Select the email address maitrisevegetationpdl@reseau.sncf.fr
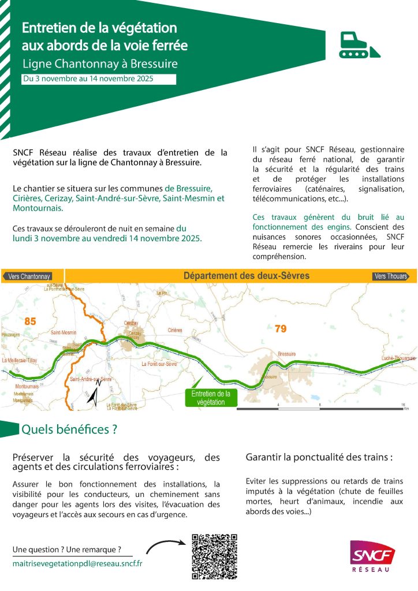click(77, 562)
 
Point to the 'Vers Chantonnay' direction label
click(28, 276)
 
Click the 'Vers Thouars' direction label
click(391, 276)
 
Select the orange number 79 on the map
click(281, 328)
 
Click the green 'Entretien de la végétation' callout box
click(211, 398)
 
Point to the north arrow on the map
click(94, 393)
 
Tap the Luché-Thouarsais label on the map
click(398, 358)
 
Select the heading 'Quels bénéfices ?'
click(69, 429)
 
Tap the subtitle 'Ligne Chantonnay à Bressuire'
click(99, 63)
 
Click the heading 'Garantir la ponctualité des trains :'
click(319, 457)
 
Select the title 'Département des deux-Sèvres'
click(247, 276)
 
